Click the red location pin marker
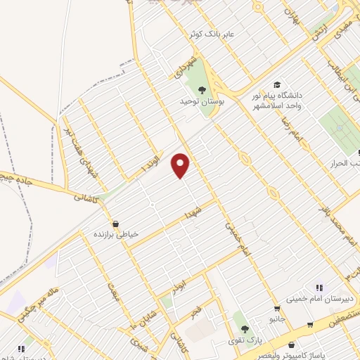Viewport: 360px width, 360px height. [x=181, y=165]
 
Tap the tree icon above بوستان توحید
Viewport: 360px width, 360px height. [x=202, y=89]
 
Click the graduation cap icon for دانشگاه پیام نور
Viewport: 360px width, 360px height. [x=277, y=85]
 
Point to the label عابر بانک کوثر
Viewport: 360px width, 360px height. [x=210, y=34]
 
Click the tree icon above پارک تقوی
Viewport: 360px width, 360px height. [x=245, y=328]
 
